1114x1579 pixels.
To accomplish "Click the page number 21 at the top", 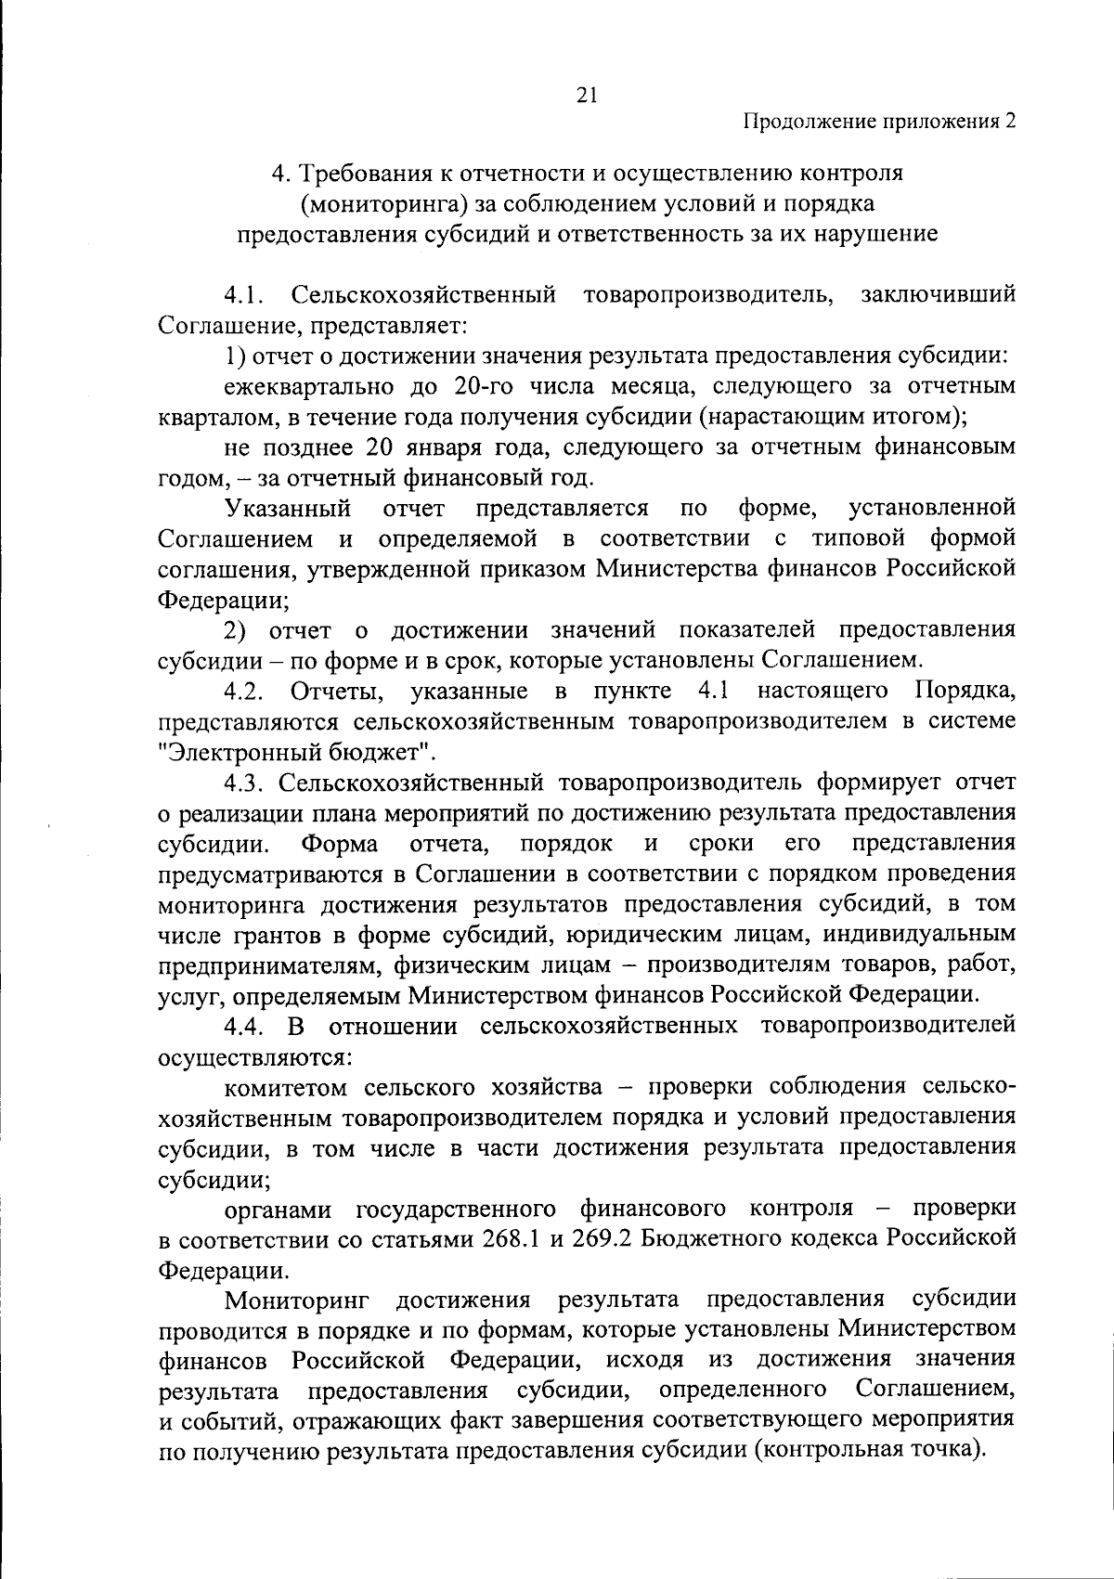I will point(586,94).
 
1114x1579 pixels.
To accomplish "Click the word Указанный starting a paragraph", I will point(288,508).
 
